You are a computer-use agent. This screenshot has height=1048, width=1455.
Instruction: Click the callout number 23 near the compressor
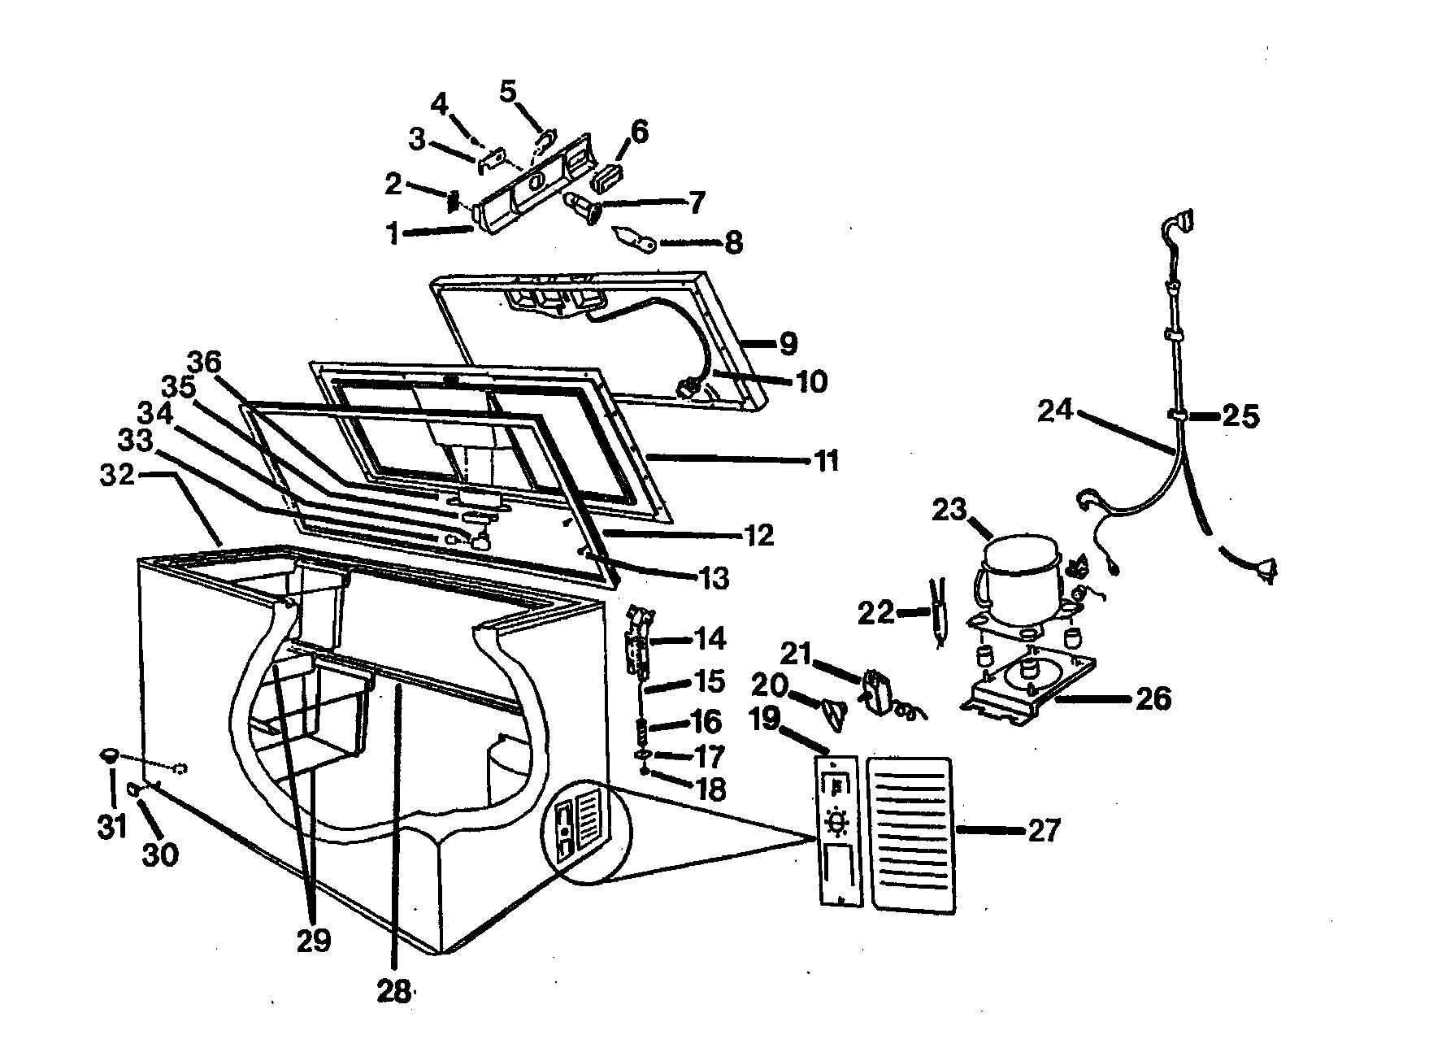point(949,511)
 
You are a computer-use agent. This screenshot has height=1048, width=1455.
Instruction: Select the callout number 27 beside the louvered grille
point(1045,830)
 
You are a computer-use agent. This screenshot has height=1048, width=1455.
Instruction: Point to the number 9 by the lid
point(788,344)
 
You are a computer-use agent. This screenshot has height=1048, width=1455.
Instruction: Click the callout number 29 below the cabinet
point(314,941)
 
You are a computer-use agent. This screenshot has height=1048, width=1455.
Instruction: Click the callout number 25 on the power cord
point(1240,416)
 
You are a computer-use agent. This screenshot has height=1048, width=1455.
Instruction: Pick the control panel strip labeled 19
point(836,829)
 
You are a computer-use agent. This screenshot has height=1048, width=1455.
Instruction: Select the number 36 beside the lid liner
point(206,362)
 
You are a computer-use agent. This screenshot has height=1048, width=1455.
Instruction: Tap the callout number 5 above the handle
point(507,91)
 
